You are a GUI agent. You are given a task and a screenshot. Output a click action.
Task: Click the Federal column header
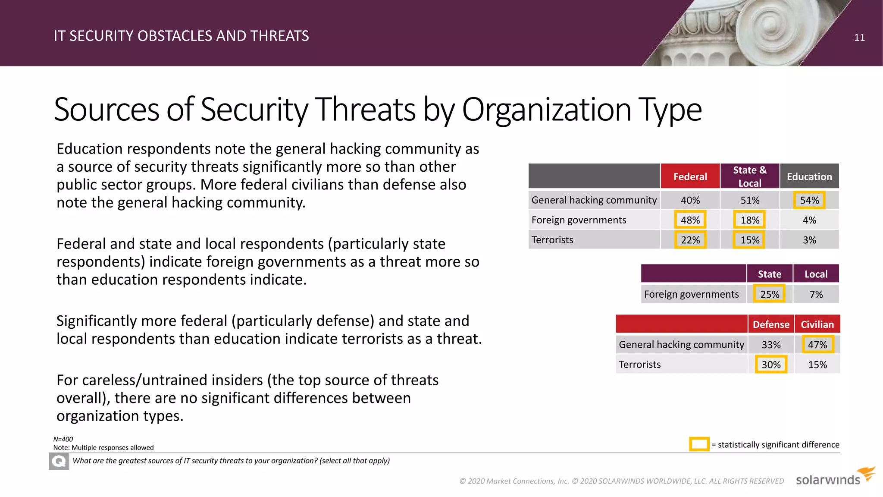(x=690, y=176)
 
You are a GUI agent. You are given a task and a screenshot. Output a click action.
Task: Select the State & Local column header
(x=750, y=176)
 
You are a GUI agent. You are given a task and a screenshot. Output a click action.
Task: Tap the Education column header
(x=809, y=176)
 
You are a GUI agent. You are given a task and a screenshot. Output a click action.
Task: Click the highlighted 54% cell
(x=809, y=200)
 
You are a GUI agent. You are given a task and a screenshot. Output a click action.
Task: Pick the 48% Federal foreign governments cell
(x=690, y=220)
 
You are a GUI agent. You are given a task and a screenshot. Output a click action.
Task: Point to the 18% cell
(x=750, y=220)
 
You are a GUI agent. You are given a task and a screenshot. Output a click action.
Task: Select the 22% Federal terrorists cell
(x=690, y=240)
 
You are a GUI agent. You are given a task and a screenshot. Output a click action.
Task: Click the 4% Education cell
(x=809, y=220)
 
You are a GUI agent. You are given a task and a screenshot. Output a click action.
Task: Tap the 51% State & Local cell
(x=750, y=200)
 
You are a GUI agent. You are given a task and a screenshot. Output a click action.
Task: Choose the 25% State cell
(x=770, y=294)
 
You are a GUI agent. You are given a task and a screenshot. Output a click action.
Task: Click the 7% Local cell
(x=816, y=294)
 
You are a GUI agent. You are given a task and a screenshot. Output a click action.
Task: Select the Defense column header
(x=771, y=324)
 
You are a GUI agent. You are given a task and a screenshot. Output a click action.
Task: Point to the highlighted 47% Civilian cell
(x=817, y=345)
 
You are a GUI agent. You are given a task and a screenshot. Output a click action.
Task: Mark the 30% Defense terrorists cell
(x=771, y=365)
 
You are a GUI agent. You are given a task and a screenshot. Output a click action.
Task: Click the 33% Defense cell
(x=771, y=345)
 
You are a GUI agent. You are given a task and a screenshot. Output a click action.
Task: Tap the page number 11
(x=859, y=38)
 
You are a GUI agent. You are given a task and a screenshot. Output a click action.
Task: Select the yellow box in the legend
(x=699, y=444)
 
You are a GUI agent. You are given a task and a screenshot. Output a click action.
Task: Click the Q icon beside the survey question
(x=59, y=461)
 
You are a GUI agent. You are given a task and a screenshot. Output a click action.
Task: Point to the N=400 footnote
(x=63, y=439)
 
